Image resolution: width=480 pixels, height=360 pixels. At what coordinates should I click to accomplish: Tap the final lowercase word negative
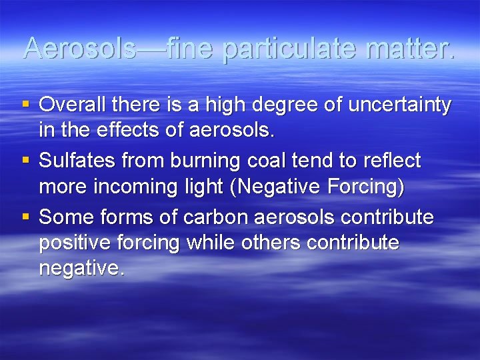(81, 270)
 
